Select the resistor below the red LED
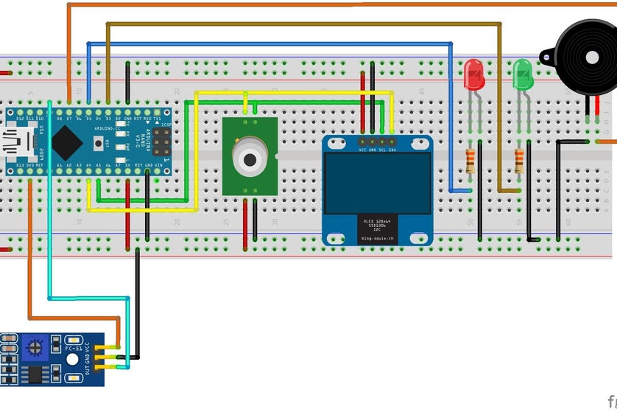point(470,161)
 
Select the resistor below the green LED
point(519,161)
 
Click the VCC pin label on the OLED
point(363,150)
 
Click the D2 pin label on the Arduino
point(118,118)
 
